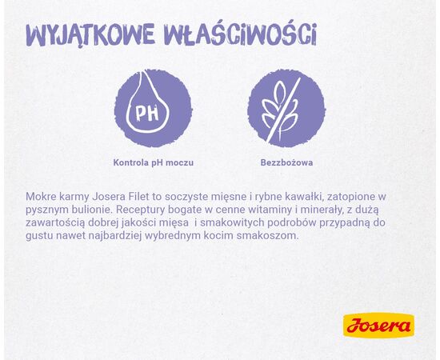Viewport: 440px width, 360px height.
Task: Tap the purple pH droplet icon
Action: click(x=153, y=108)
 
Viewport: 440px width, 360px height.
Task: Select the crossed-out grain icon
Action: click(x=286, y=108)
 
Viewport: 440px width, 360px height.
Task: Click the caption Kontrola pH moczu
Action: click(x=153, y=162)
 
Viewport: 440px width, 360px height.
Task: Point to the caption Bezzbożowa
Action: click(x=286, y=162)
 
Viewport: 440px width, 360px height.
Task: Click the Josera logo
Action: click(x=378, y=325)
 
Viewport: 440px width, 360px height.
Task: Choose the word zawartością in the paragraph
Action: click(x=59, y=222)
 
